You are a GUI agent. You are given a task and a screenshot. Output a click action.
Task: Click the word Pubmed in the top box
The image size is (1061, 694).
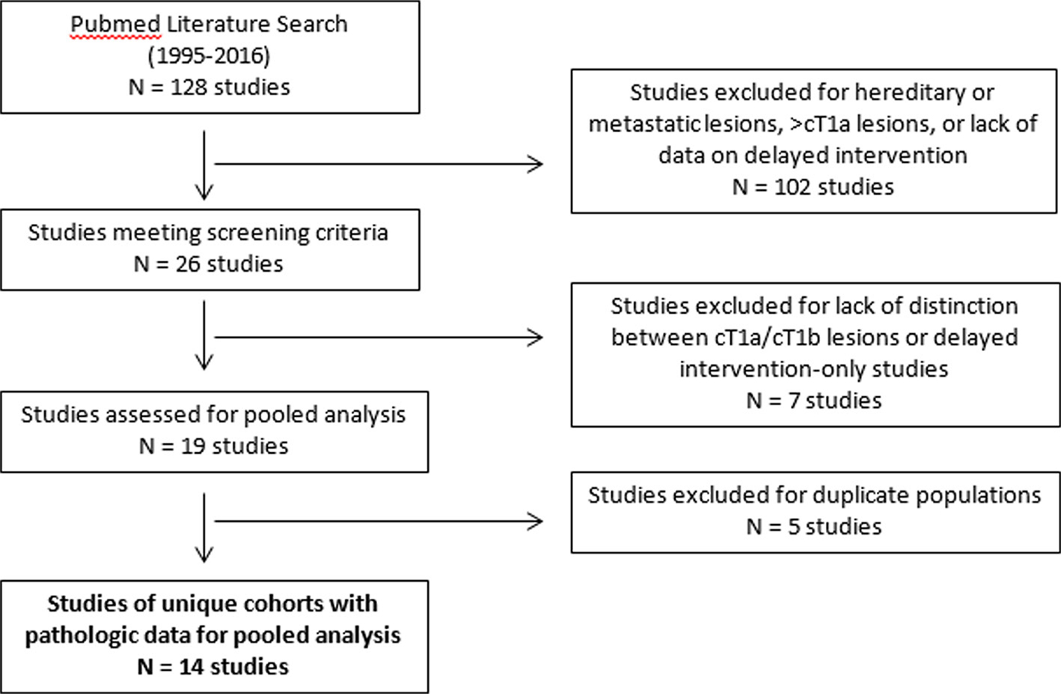[114, 25]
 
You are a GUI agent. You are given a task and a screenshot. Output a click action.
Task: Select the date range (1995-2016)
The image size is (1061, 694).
[209, 56]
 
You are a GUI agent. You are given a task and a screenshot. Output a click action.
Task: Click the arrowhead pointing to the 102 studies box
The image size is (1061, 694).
[536, 165]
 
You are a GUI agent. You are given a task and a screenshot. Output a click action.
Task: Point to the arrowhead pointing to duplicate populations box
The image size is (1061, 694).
[536, 522]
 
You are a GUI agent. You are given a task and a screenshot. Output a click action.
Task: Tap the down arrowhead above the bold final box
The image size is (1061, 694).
[204, 554]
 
